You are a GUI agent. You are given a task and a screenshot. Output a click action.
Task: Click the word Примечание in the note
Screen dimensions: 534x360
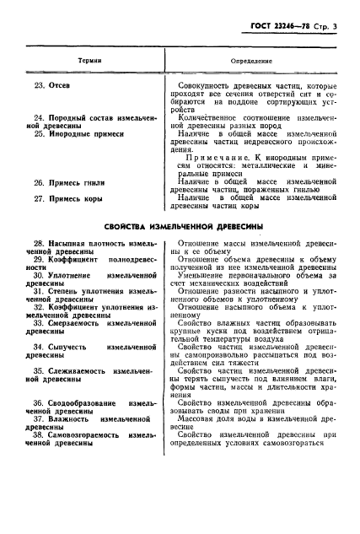pos(223,163)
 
